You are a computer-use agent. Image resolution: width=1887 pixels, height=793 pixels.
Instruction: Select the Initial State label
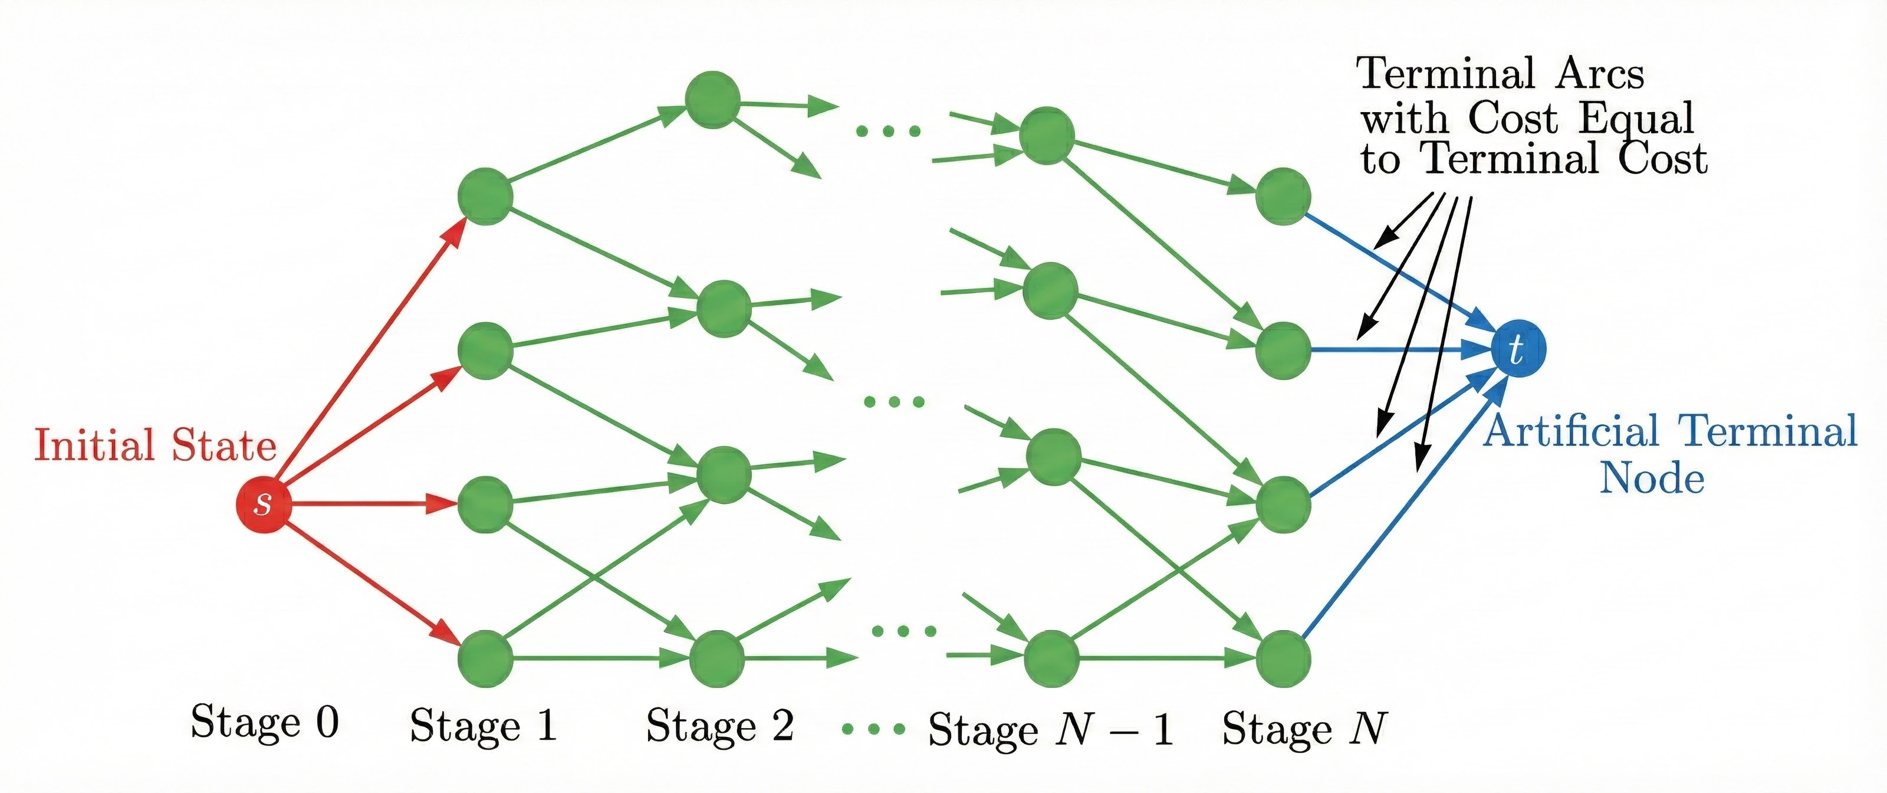tap(155, 445)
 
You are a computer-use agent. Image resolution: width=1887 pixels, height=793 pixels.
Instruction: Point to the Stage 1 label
tap(484, 726)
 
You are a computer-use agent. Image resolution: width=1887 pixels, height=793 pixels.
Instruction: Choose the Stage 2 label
tap(719, 726)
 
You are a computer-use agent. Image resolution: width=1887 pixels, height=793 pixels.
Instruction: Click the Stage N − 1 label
tap(1050, 729)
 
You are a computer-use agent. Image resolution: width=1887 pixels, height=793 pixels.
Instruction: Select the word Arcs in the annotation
tap(1600, 74)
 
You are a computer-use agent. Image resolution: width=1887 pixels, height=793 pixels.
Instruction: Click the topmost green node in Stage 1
tap(485, 196)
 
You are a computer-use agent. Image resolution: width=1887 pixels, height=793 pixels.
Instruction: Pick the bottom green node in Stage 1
tap(485, 658)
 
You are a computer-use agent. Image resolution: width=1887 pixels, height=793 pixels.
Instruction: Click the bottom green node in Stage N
tap(1283, 658)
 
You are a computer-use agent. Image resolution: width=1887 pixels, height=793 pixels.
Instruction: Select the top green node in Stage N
tap(1283, 196)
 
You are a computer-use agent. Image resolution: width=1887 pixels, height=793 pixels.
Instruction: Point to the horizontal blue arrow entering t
tap(1392, 350)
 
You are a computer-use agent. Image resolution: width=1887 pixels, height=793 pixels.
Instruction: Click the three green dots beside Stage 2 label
tap(873, 729)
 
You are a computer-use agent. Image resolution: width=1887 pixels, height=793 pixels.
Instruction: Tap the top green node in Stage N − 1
tap(1047, 136)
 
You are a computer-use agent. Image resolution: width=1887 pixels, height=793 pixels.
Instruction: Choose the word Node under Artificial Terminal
tap(1652, 479)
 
